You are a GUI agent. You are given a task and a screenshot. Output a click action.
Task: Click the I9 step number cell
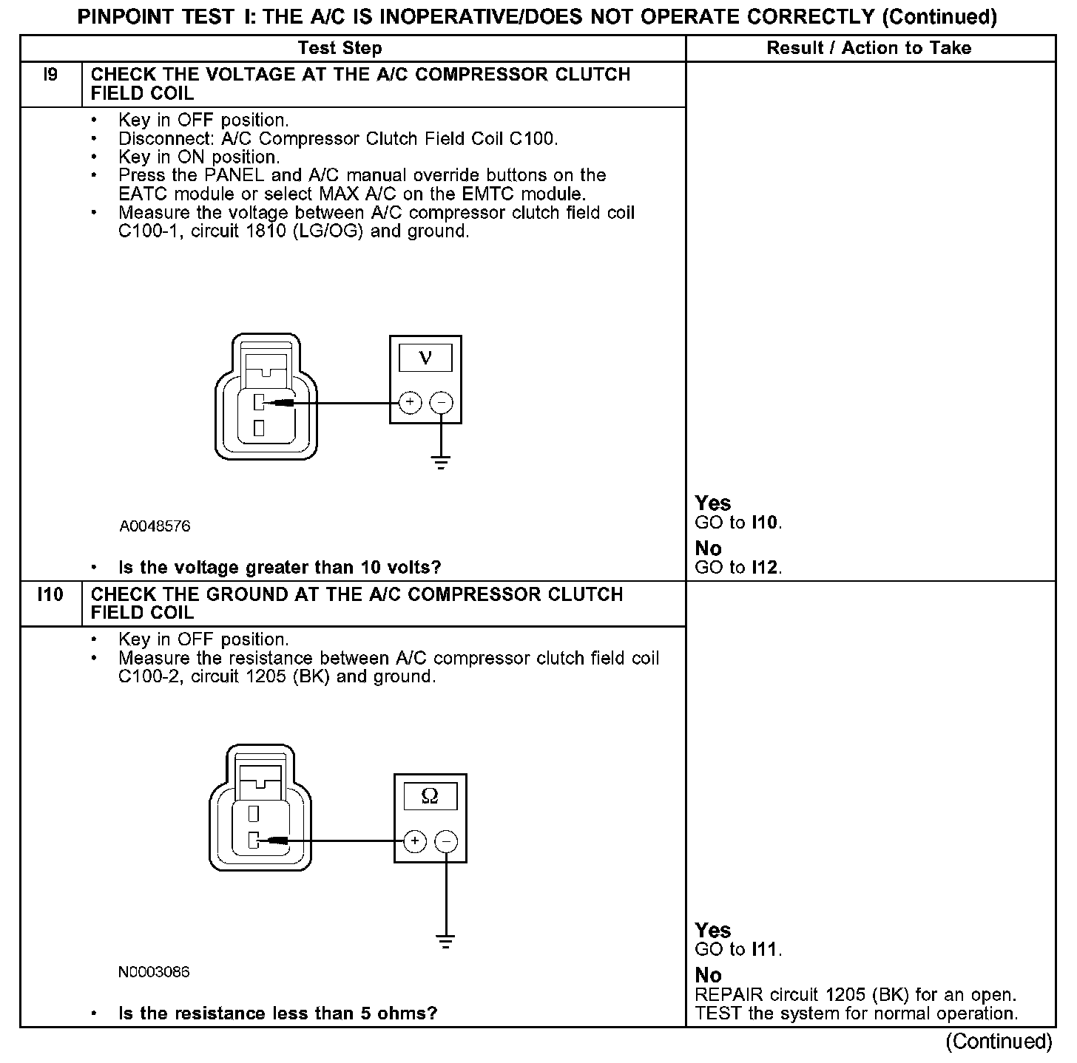(x=50, y=75)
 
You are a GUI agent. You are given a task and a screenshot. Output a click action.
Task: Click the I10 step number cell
(x=50, y=595)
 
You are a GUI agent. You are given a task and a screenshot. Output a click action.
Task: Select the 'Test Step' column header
(x=340, y=49)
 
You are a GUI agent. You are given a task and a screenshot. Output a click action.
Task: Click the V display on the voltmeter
(x=425, y=359)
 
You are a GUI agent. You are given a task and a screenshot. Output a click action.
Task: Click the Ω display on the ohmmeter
(x=430, y=796)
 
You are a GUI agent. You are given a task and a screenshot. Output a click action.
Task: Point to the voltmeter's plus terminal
(x=410, y=403)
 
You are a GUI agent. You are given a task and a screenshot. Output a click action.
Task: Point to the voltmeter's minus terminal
(x=441, y=403)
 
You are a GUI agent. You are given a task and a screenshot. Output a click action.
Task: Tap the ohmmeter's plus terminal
(x=415, y=841)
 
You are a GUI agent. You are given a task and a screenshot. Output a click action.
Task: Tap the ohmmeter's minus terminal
(x=446, y=841)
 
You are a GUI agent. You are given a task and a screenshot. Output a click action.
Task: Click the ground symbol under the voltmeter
(x=441, y=463)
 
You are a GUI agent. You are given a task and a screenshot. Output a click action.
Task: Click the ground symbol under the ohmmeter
(x=446, y=943)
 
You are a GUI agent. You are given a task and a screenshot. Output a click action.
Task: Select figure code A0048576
(x=155, y=526)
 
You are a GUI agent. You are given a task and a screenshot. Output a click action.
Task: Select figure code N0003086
(x=154, y=972)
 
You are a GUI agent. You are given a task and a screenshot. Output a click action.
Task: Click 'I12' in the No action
(x=766, y=568)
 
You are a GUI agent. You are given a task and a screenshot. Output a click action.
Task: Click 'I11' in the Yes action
(x=766, y=950)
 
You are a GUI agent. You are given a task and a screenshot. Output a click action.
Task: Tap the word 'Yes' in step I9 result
(x=713, y=503)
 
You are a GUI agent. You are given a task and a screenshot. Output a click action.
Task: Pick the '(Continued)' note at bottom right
(x=999, y=1042)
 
